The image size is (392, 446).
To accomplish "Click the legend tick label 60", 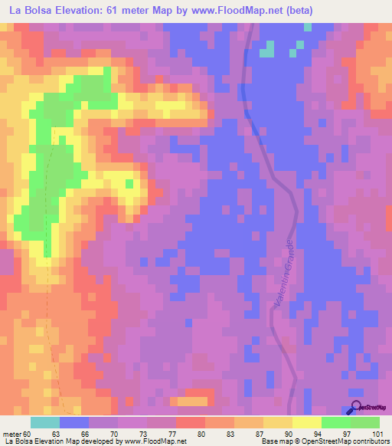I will tap(28, 434).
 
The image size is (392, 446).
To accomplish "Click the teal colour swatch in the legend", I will tap(45, 422).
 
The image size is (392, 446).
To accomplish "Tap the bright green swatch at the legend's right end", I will tap(364, 422).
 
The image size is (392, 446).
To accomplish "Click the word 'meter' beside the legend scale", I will tap(11, 434).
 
